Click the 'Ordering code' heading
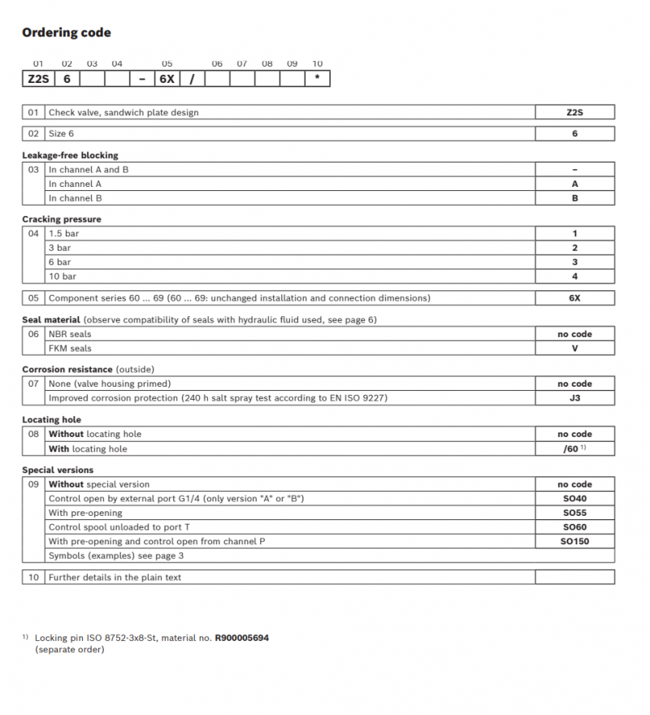click(x=67, y=33)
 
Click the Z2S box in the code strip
click(x=37, y=79)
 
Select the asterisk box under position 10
click(x=317, y=79)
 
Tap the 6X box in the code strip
click(x=167, y=79)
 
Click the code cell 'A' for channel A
click(x=574, y=184)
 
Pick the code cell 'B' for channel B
click(x=574, y=197)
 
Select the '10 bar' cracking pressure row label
click(x=64, y=276)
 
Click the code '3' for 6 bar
click(x=574, y=262)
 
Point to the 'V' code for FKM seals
click(x=574, y=349)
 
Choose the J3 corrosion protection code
click(x=574, y=398)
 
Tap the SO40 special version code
click(x=574, y=498)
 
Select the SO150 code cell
click(x=574, y=541)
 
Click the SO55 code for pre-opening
click(x=574, y=513)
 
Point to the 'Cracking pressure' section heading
click(x=62, y=219)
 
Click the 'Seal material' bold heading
click(x=51, y=320)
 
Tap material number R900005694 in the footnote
click(x=241, y=638)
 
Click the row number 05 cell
click(x=33, y=298)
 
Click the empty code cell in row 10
click(x=574, y=578)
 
